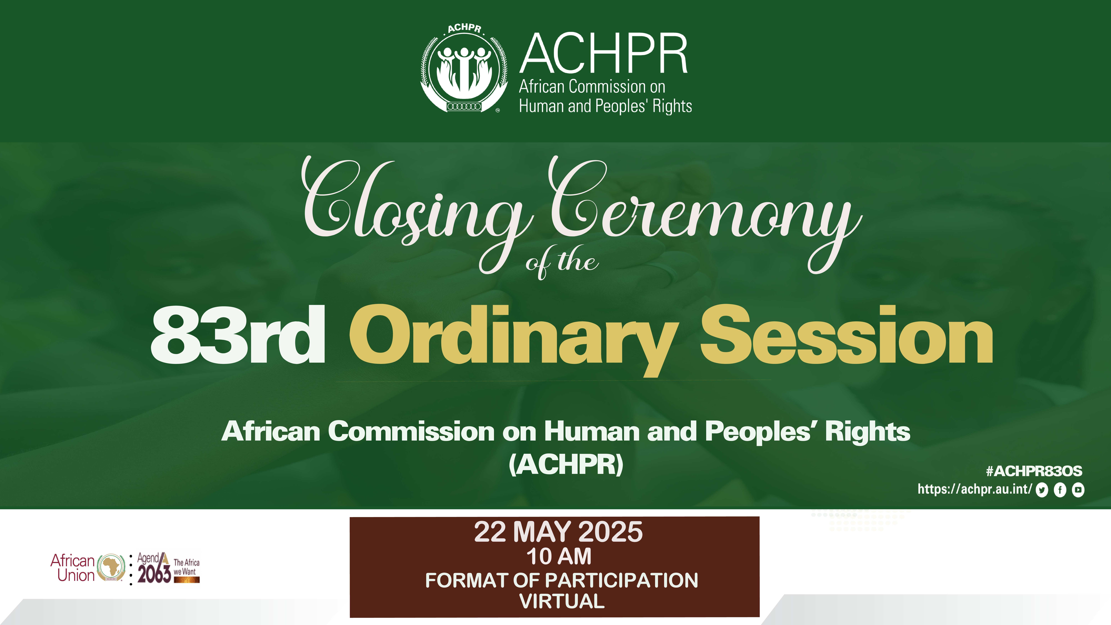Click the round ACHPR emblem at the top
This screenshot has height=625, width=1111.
464,69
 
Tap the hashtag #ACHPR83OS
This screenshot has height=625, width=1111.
1034,471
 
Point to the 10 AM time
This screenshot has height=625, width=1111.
559,556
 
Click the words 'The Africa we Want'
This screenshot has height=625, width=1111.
186,567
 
